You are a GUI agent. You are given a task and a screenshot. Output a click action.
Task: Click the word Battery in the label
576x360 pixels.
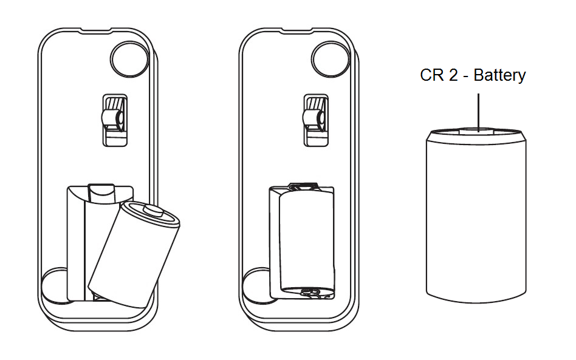coord(499,75)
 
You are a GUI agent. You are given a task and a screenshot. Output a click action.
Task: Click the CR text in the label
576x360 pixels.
coord(431,75)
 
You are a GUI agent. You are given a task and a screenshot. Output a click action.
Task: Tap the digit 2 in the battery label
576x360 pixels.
coord(453,75)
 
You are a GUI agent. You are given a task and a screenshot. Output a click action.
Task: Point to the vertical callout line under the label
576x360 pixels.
coord(478,112)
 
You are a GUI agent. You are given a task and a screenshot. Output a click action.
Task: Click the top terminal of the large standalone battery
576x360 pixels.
coord(477,131)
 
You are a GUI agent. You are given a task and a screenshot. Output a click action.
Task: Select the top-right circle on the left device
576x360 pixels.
coord(129,59)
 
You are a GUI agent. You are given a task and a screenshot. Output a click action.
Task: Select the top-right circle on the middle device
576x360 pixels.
coord(331,59)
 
